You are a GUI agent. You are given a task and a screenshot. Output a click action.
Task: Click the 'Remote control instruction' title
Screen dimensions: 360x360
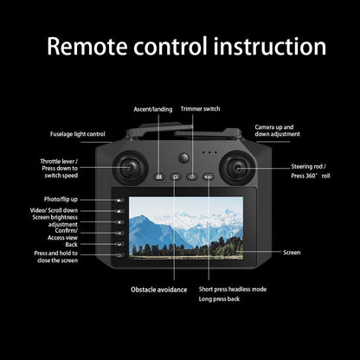pos(180,47)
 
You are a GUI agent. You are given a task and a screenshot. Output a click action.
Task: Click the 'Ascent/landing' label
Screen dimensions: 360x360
pos(152,109)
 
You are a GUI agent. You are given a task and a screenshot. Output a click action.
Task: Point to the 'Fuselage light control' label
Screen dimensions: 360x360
pos(77,134)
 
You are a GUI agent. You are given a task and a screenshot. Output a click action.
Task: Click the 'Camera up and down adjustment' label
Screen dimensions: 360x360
pos(279,131)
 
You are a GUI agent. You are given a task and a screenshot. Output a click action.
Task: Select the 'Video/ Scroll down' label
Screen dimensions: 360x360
pos(55,210)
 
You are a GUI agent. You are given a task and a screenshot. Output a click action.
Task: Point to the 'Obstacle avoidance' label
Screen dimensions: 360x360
pos(159,288)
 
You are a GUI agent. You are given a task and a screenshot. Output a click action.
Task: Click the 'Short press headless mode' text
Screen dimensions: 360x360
pos(233,288)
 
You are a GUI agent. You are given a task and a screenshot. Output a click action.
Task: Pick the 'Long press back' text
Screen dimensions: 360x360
pos(220,299)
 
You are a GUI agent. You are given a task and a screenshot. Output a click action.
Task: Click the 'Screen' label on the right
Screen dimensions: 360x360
pos(292,252)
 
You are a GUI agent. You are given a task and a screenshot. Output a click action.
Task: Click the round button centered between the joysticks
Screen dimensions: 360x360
pos(183,159)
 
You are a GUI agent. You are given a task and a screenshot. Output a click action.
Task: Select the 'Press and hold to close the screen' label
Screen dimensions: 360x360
pos(56,257)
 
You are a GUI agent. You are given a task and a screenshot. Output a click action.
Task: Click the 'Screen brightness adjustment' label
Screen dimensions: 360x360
pos(54,222)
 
